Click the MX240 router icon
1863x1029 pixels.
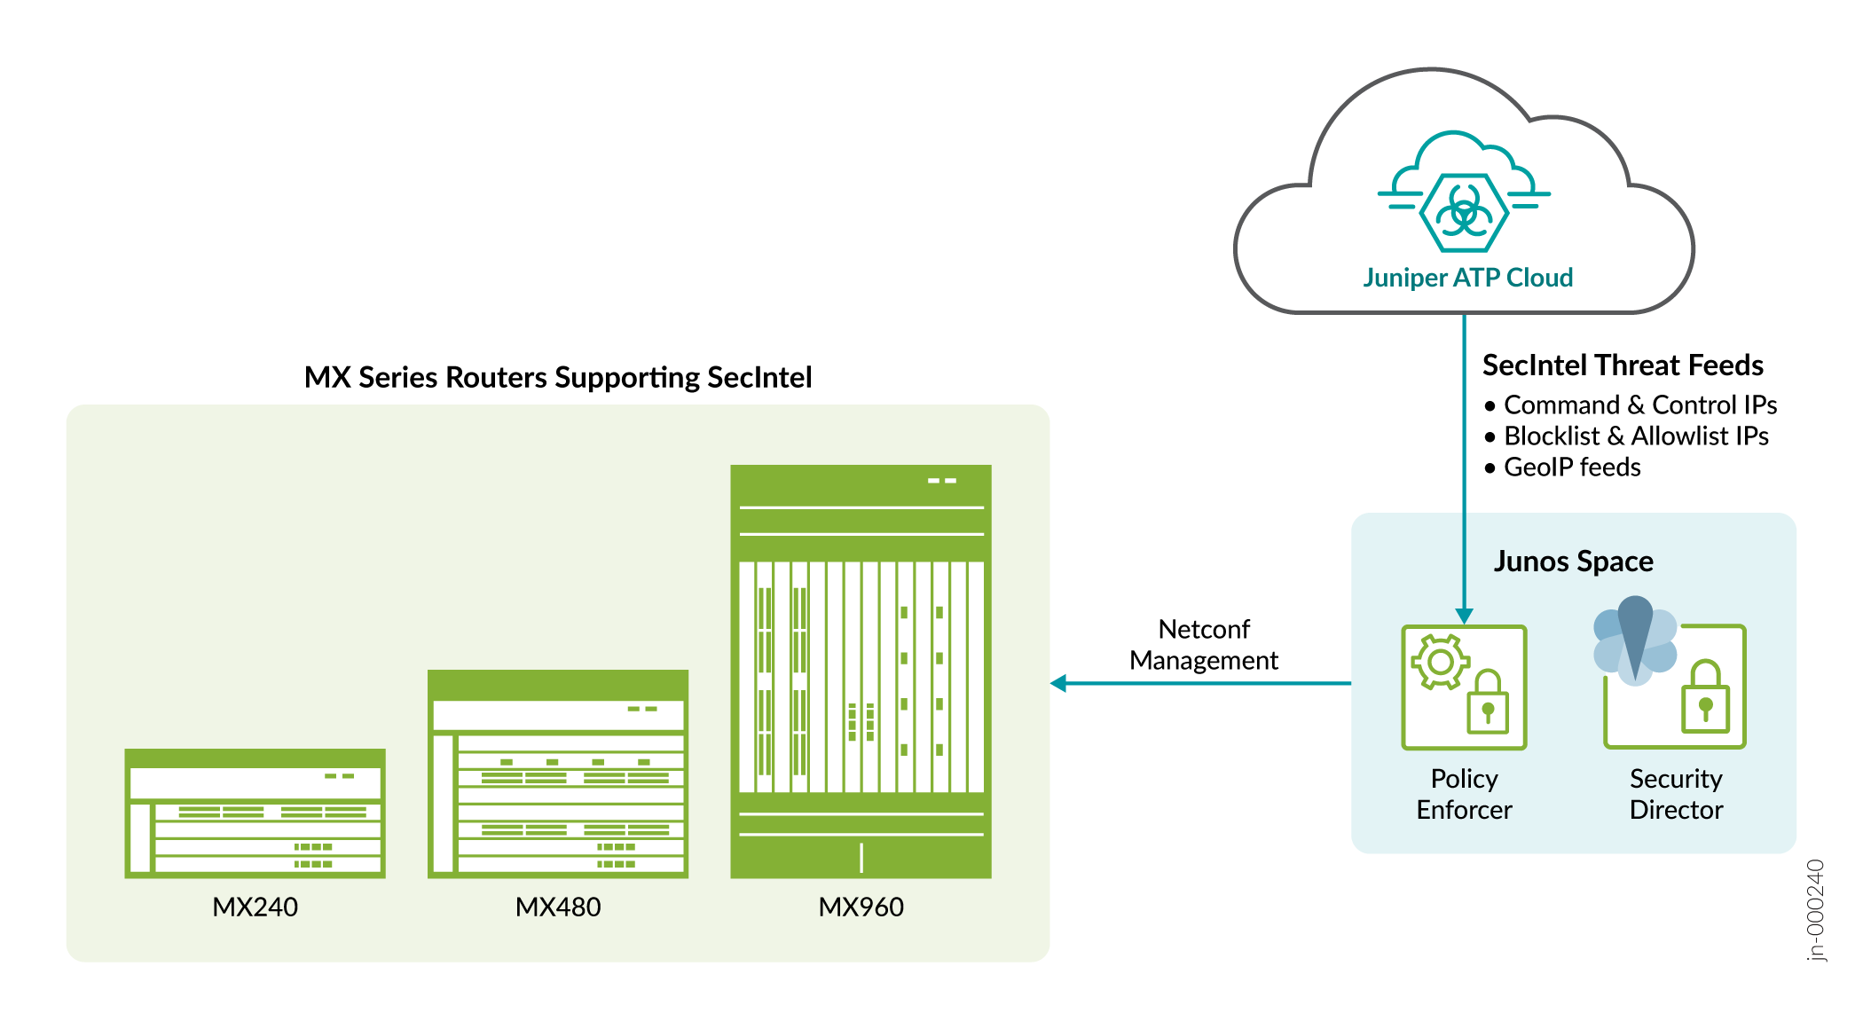[x=255, y=813]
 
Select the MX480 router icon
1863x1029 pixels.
[x=557, y=774]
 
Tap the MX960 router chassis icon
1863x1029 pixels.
[x=861, y=671]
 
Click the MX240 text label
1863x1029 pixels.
[x=255, y=907]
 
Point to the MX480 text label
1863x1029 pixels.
[x=557, y=907]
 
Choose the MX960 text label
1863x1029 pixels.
[x=861, y=907]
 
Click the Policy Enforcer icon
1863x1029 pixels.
[x=1464, y=687]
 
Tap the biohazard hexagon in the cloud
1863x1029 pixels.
[x=1464, y=213]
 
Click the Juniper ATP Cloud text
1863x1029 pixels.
[x=1467, y=278]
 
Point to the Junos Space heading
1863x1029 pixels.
[x=1573, y=562]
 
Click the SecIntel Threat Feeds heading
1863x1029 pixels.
[x=1623, y=365]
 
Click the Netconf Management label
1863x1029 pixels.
[x=1204, y=645]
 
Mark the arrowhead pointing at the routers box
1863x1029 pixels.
[x=1058, y=683]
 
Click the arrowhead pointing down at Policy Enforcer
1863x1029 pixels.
[x=1465, y=616]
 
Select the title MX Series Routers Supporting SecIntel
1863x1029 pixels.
[x=558, y=378]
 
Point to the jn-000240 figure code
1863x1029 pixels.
[x=1816, y=909]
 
